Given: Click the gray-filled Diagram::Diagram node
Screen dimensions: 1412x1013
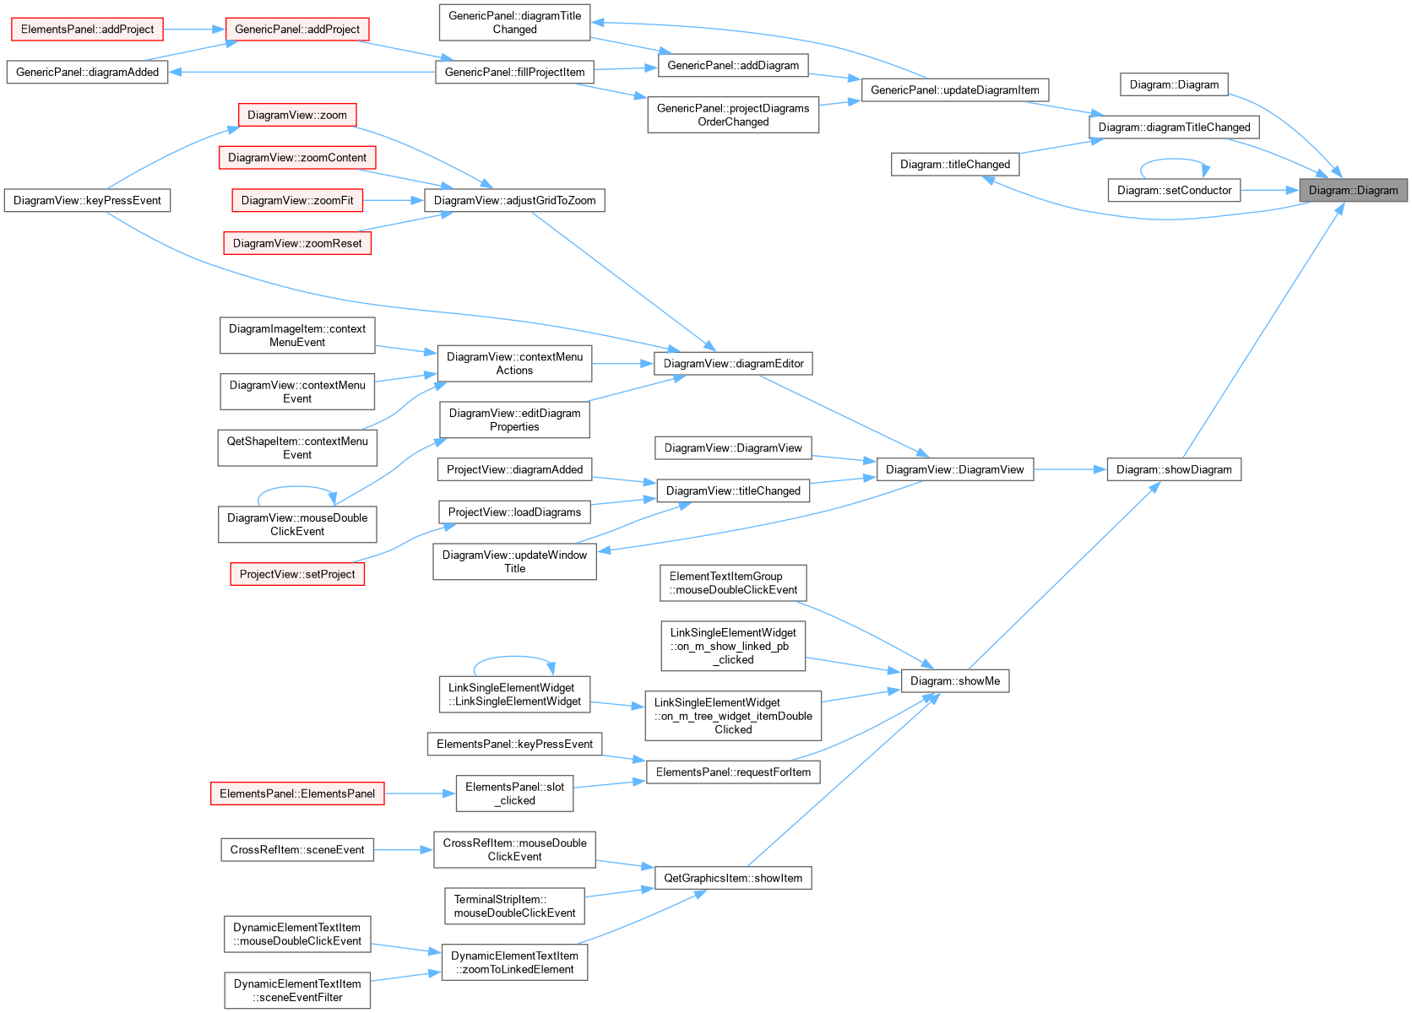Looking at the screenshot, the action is pos(1353,190).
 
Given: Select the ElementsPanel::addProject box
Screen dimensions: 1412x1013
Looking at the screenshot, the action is pos(87,29).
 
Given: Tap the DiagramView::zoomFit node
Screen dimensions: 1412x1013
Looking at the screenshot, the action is pos(297,200).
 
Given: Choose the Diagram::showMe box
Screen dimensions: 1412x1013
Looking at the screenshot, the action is pos(955,681).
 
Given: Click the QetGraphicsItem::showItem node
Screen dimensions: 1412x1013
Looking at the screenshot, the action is pos(733,878).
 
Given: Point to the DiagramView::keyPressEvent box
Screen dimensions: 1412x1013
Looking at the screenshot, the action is pos(87,200).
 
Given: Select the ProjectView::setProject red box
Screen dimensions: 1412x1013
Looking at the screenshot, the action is pos(297,574).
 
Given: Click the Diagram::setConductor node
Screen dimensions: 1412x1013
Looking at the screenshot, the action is pos(1175,190).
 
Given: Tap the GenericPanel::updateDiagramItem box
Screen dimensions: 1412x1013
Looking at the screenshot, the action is pos(955,90).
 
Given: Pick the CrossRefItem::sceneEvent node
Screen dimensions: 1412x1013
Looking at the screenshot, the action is pos(297,850).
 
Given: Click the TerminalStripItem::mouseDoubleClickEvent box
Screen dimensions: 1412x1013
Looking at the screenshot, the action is pos(515,906).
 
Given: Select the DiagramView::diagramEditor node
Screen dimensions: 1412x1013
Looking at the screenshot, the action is pos(733,364).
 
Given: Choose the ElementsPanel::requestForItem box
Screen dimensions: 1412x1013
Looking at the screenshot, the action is pos(733,772).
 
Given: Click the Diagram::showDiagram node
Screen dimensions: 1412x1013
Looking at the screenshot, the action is pos(1175,469).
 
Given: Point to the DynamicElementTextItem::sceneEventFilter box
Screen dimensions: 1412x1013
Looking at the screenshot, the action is pos(297,990).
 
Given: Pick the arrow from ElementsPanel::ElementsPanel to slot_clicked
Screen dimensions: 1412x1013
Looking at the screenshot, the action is pos(420,794).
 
